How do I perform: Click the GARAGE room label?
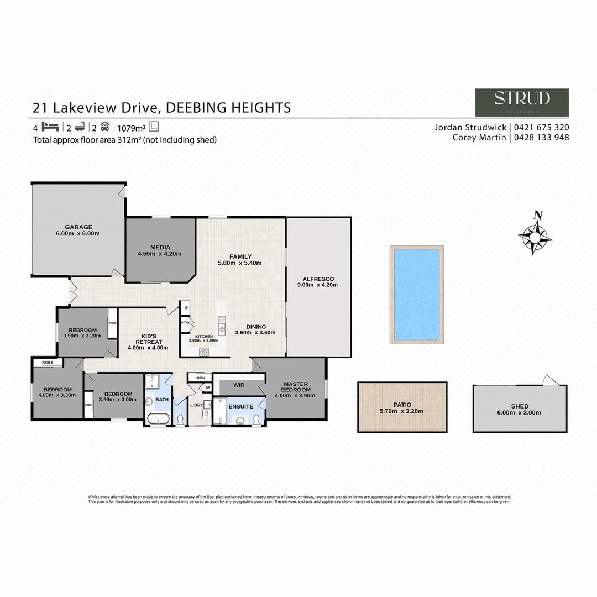pos(78,227)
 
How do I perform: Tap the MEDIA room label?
pos(160,247)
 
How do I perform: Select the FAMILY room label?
pos(240,256)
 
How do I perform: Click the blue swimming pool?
pos(416,295)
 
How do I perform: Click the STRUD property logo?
pos(522,102)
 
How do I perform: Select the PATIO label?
pos(402,405)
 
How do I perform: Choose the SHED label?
pos(520,406)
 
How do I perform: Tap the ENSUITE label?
pos(240,406)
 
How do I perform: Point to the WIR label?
pos(239,384)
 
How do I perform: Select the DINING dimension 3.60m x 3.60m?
pos(255,333)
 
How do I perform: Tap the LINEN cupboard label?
pos(200,378)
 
